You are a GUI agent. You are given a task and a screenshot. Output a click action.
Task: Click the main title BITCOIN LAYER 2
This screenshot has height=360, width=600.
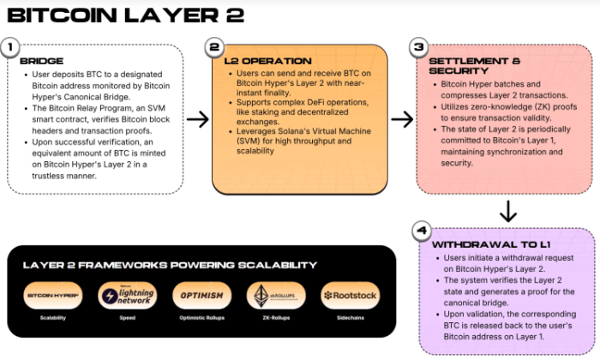pyautogui.click(x=125, y=15)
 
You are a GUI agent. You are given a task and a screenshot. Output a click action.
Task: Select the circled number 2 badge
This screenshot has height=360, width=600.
pyautogui.click(x=214, y=49)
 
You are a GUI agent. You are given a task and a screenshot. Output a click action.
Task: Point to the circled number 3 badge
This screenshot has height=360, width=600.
pyautogui.click(x=418, y=49)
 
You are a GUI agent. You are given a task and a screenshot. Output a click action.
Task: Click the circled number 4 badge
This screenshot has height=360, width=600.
pyautogui.click(x=419, y=231)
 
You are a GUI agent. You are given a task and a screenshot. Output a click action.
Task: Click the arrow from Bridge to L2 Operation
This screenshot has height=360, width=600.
pyautogui.click(x=197, y=119)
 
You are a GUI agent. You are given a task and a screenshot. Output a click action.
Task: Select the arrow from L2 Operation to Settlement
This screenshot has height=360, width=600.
pyautogui.click(x=402, y=119)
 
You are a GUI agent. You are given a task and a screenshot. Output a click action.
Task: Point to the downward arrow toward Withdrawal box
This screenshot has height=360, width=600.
pyautogui.click(x=507, y=211)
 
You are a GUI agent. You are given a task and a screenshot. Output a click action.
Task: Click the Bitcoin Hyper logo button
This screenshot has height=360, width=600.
pyautogui.click(x=54, y=296)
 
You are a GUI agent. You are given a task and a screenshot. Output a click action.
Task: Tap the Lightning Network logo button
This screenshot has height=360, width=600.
pyautogui.click(x=128, y=296)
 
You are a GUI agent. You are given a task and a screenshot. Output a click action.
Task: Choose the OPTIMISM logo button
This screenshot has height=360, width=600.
pyautogui.click(x=201, y=296)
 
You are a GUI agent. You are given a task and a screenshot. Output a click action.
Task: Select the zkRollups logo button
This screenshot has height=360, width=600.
pyautogui.click(x=276, y=296)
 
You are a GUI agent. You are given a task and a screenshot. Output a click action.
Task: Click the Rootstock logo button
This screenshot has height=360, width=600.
pyautogui.click(x=350, y=296)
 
